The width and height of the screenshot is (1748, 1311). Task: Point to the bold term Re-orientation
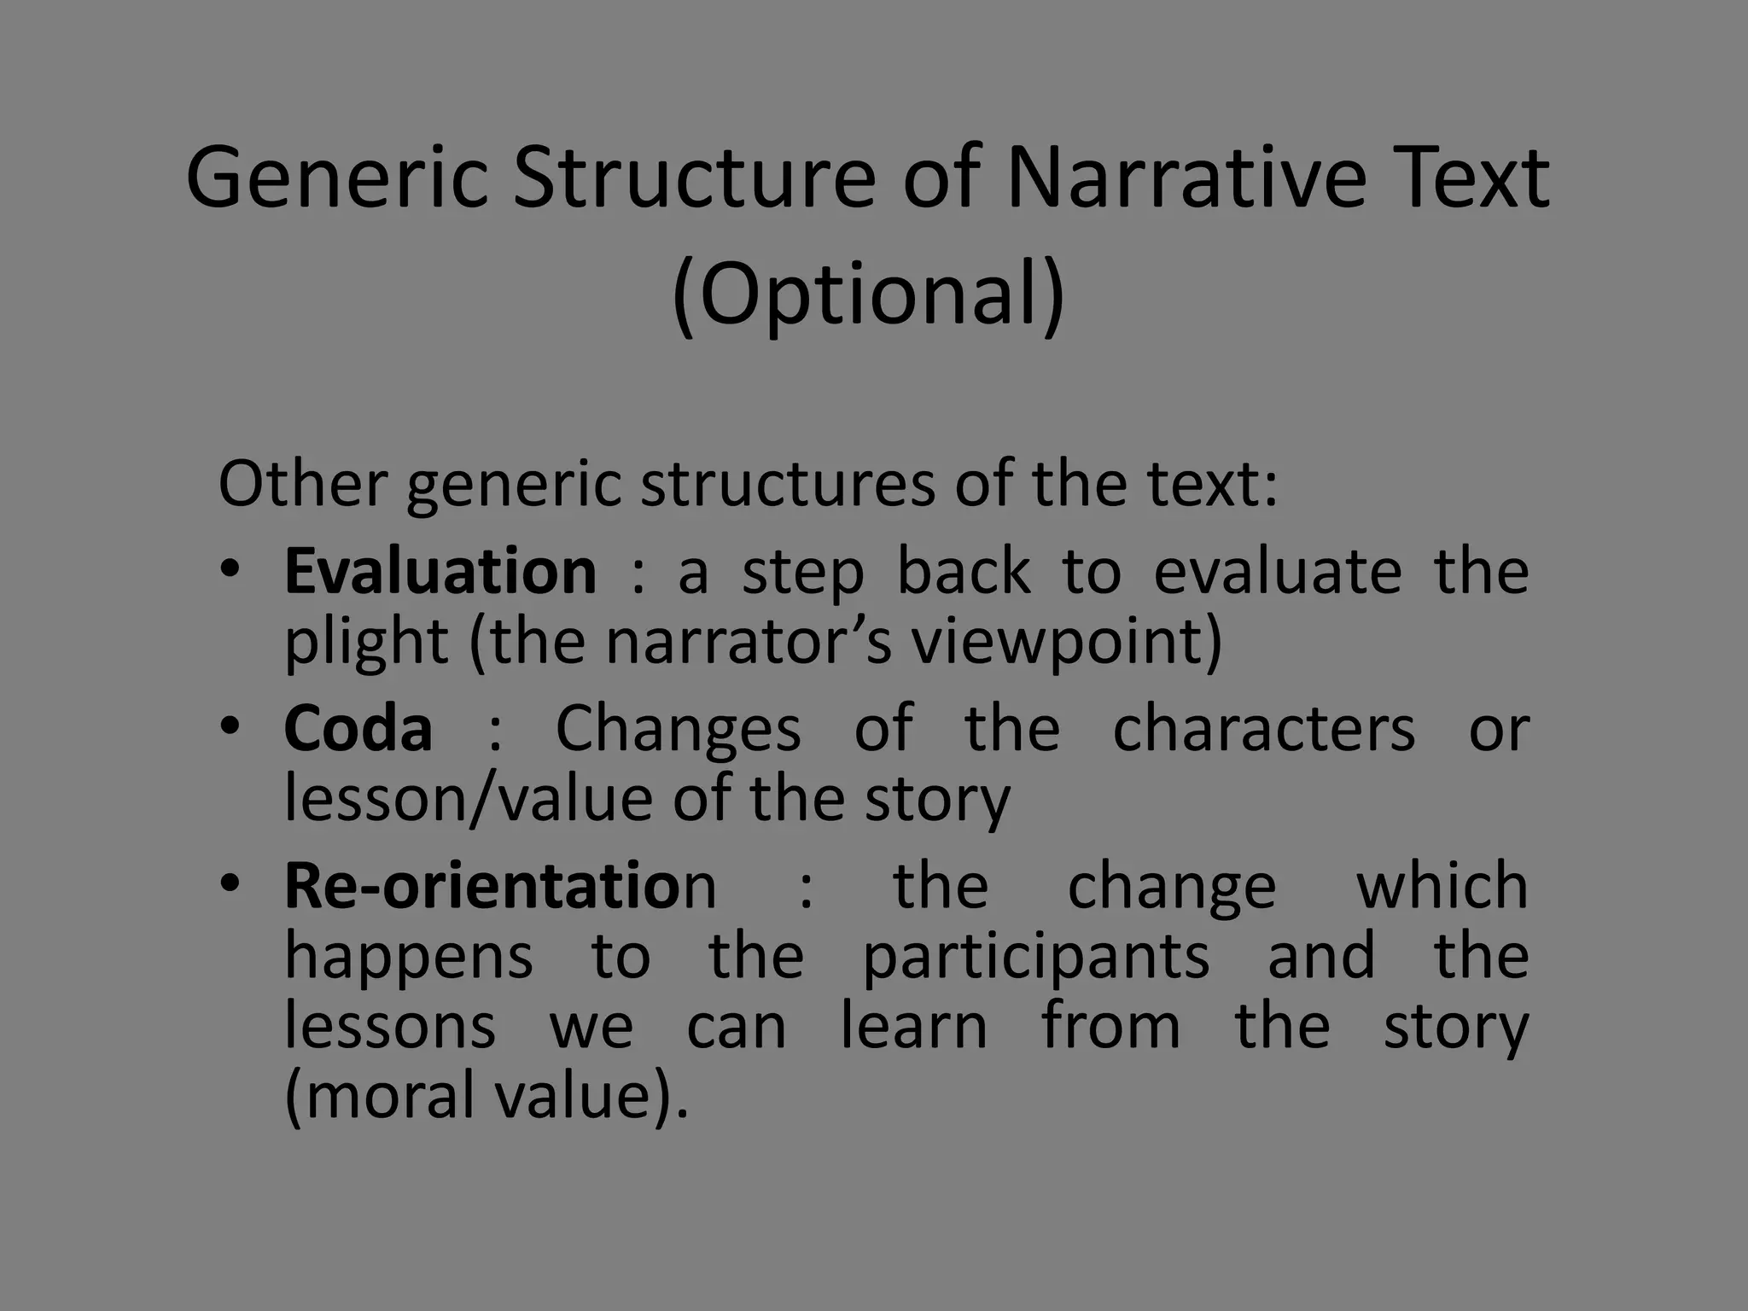click(500, 885)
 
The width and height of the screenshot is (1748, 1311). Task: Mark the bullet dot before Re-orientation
click(230, 883)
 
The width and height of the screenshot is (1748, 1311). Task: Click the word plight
click(366, 642)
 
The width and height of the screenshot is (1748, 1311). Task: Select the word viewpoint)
click(1067, 642)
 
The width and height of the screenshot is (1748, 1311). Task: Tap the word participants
click(1036, 956)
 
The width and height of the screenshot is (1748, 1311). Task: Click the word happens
click(409, 956)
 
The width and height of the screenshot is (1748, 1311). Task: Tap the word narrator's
click(749, 642)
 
